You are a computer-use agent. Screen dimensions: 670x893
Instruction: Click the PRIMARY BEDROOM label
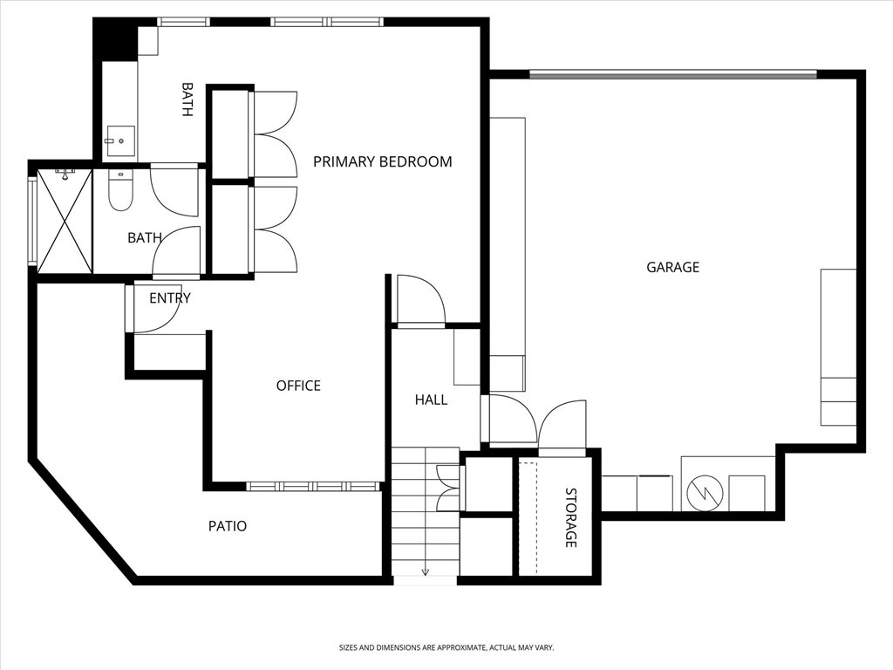pyautogui.click(x=382, y=161)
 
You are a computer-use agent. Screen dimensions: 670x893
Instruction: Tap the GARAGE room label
pyautogui.click(x=672, y=268)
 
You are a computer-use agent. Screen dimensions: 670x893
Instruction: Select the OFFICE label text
pyautogui.click(x=298, y=386)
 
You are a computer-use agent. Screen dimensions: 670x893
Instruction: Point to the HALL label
pyautogui.click(x=431, y=400)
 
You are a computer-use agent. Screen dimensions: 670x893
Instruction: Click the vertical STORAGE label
pyautogui.click(x=570, y=517)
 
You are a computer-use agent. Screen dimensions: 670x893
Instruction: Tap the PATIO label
pyautogui.click(x=227, y=526)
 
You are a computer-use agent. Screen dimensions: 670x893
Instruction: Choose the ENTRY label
pyautogui.click(x=169, y=298)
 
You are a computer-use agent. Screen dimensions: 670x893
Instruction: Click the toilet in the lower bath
pyautogui.click(x=120, y=191)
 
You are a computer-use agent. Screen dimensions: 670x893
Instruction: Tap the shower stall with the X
pyautogui.click(x=65, y=221)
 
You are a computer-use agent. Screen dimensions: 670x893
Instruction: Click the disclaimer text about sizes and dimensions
pyautogui.click(x=446, y=647)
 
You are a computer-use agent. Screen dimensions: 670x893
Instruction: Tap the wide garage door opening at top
pyautogui.click(x=672, y=74)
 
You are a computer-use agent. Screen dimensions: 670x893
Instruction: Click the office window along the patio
pyautogui.click(x=313, y=486)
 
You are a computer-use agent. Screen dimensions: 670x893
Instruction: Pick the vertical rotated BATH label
pyautogui.click(x=187, y=99)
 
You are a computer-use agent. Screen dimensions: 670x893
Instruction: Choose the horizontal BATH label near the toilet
pyautogui.click(x=144, y=237)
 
